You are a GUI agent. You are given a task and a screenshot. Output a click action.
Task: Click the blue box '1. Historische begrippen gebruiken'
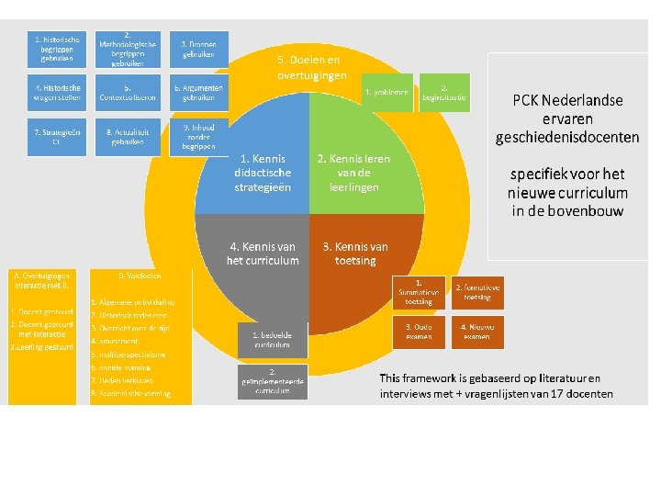tap(57, 49)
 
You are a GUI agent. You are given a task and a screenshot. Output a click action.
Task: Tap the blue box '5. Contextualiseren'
tap(129, 93)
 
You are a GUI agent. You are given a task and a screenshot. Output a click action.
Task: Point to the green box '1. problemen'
tap(387, 93)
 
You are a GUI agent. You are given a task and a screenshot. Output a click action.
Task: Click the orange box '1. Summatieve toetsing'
tap(419, 292)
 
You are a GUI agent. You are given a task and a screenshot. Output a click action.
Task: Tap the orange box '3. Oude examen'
tap(419, 332)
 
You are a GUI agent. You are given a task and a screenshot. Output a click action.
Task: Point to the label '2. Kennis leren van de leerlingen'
tap(353, 173)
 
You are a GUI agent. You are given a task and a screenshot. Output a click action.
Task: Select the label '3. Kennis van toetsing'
tap(355, 254)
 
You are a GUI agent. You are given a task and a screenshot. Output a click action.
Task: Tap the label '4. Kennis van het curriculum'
tap(263, 254)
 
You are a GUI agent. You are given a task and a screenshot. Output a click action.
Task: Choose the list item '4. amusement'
tap(115, 341)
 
